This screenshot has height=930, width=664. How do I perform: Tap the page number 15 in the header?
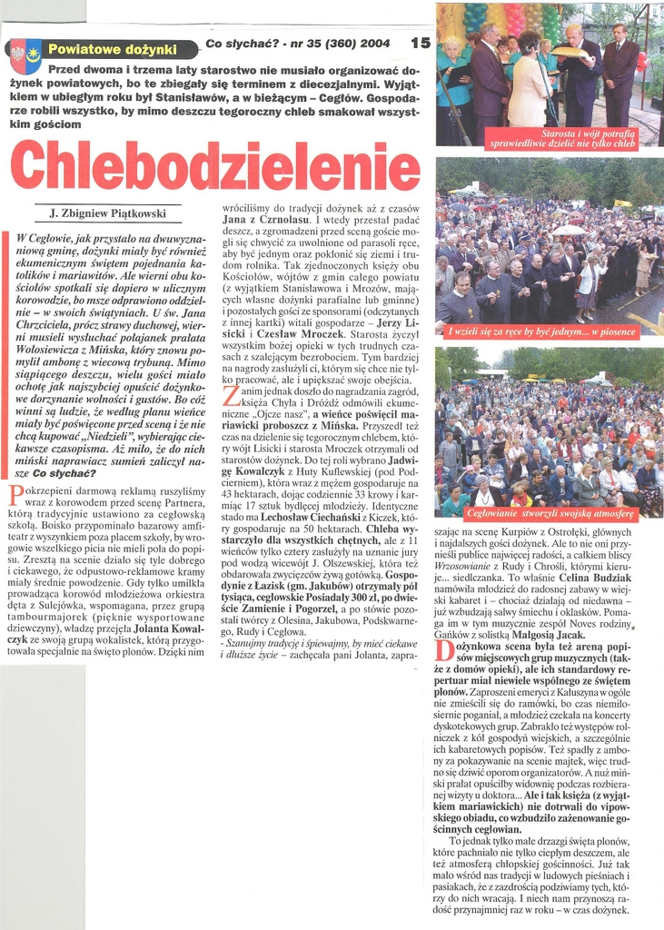(x=421, y=43)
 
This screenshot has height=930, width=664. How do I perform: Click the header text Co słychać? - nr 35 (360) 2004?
(x=299, y=44)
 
